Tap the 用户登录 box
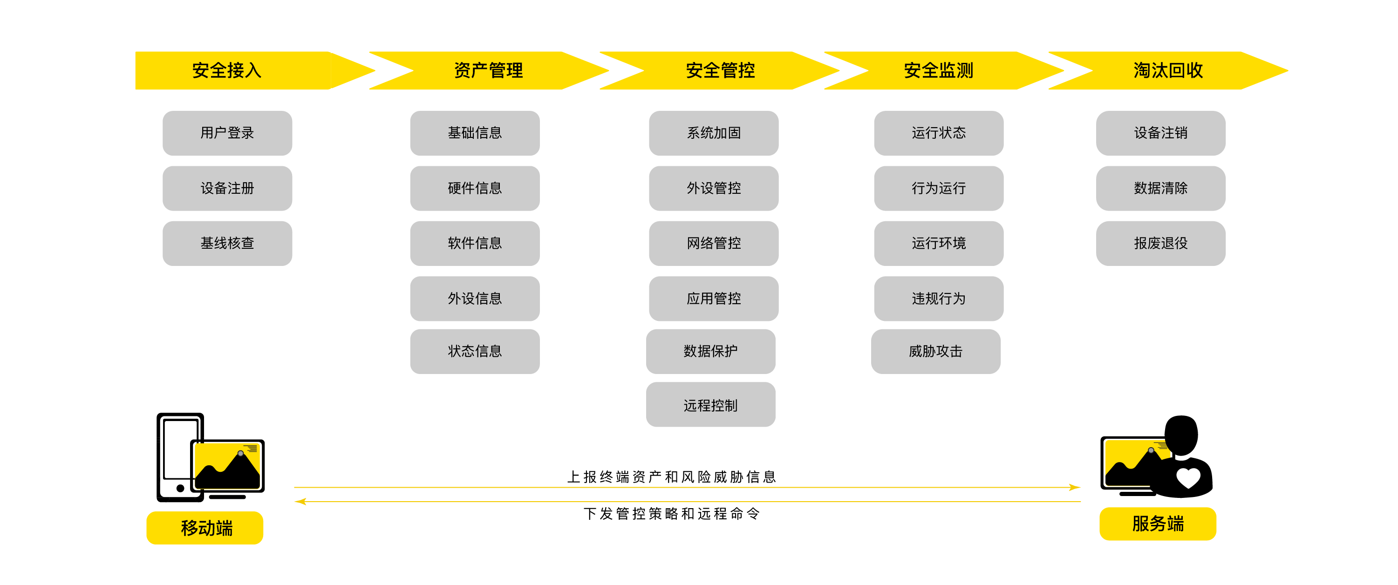(x=227, y=133)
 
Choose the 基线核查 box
(x=227, y=243)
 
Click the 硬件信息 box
(x=475, y=188)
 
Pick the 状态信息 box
(x=475, y=351)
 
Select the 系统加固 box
(x=714, y=133)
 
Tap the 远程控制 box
(x=710, y=405)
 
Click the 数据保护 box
(x=710, y=351)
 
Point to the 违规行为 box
(x=938, y=299)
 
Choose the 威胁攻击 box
(x=935, y=351)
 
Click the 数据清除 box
(x=1161, y=188)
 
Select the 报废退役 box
(x=1161, y=243)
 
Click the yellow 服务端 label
(x=1158, y=524)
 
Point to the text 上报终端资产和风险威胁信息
(x=671, y=476)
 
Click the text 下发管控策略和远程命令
(x=671, y=513)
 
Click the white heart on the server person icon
(x=1188, y=477)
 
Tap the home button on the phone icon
(x=180, y=488)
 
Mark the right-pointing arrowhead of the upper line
(x=1075, y=487)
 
